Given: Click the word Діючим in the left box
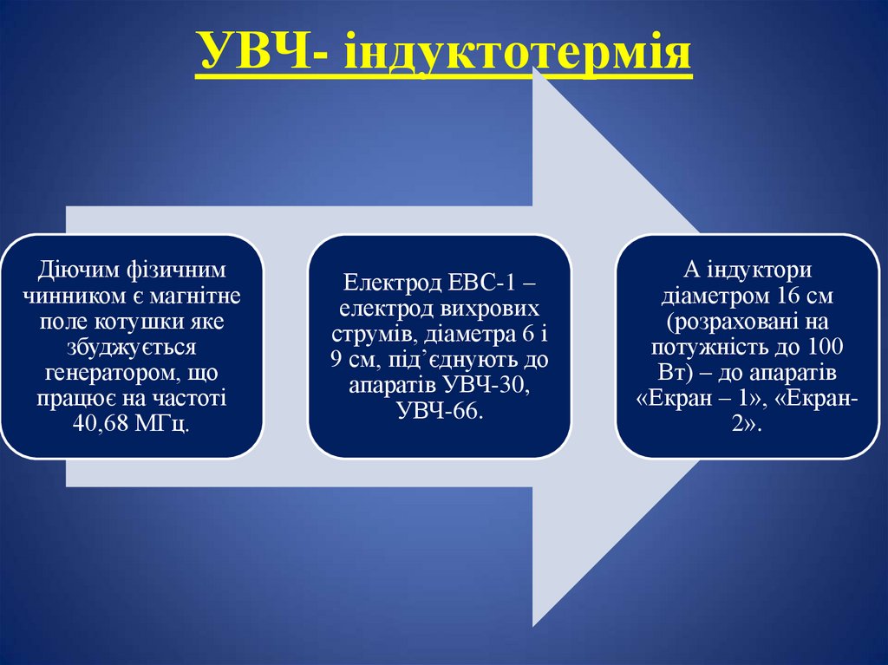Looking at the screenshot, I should tap(67, 271).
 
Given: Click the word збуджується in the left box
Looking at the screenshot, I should tap(132, 348).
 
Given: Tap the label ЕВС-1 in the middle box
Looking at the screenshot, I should tap(486, 284).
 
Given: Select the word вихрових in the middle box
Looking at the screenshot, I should tap(494, 310).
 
